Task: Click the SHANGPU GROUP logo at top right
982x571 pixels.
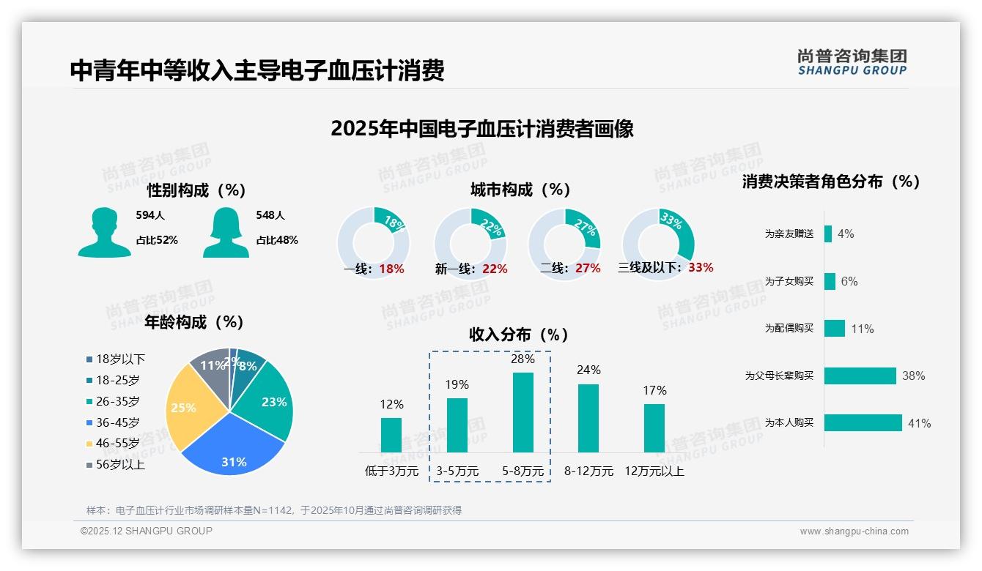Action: point(852,62)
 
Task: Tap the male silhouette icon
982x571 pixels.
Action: point(104,233)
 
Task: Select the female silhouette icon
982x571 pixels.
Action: point(226,233)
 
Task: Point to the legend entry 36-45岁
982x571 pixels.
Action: point(117,422)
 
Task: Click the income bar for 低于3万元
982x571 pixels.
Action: point(391,435)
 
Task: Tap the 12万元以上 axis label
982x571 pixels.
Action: point(654,471)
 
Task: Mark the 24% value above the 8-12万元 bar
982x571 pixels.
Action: point(588,370)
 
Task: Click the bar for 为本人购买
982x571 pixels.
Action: point(863,423)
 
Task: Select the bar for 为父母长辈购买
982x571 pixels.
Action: point(860,376)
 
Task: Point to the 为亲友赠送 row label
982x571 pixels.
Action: point(789,234)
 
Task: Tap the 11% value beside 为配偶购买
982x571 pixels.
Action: point(863,329)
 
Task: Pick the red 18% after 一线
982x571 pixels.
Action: point(392,269)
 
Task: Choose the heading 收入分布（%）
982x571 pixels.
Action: point(519,335)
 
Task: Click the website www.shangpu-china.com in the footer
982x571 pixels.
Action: point(854,531)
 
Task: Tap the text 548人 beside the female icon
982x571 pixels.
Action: point(270,215)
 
